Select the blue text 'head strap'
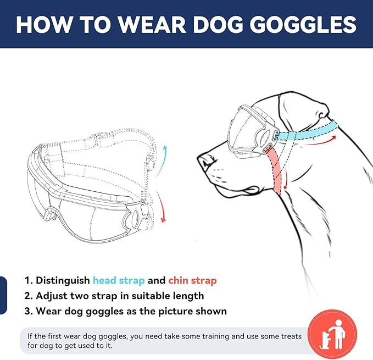coord(119,280)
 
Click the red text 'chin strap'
coord(192,280)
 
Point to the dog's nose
coord(204,160)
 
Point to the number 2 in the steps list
coord(27,296)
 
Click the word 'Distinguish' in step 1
coord(63,280)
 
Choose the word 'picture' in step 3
coord(179,311)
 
